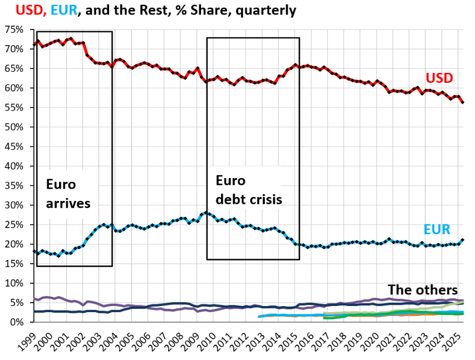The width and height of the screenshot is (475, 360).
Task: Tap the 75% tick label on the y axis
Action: pos(14,29)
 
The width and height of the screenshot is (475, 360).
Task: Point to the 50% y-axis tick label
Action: pos(14,127)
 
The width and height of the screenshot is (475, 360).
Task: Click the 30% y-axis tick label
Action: pos(14,205)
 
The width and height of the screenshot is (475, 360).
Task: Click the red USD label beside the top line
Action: pos(439,77)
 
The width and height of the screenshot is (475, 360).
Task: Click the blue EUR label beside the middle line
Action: pos(437,229)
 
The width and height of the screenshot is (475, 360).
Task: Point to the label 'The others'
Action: pos(422,290)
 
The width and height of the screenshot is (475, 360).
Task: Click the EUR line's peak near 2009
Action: pos(206,213)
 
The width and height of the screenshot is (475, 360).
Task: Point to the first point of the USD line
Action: pos(35,45)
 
